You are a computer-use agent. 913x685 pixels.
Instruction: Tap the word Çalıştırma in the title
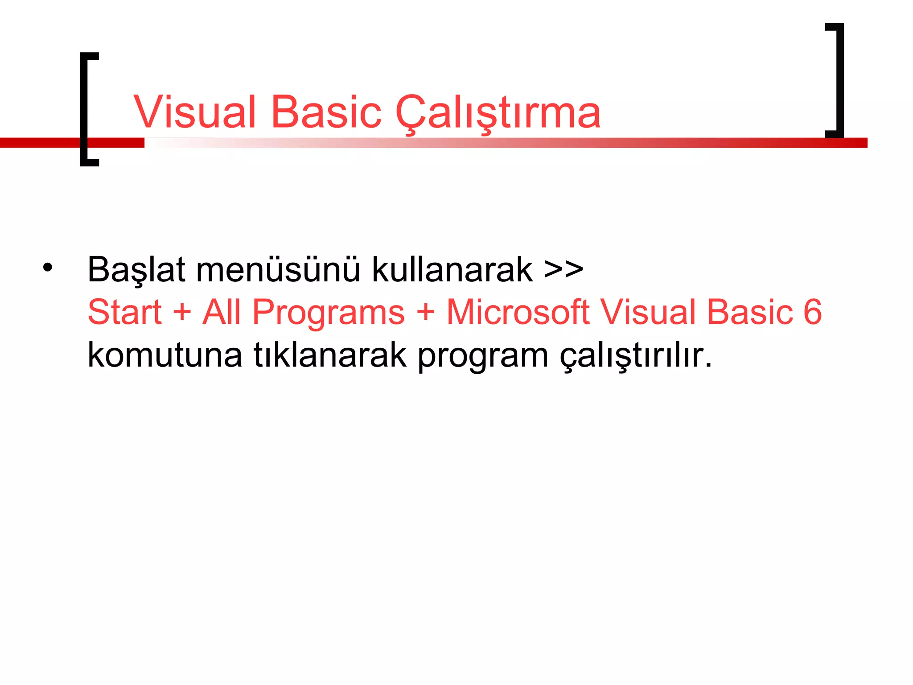[498, 113]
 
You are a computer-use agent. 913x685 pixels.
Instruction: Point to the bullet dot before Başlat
[48, 268]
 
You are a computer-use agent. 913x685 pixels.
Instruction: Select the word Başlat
[136, 270]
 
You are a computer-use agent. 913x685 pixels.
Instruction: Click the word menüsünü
[278, 270]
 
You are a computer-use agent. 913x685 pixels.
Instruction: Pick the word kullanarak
[452, 270]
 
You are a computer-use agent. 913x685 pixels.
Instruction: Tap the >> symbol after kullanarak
[563, 269]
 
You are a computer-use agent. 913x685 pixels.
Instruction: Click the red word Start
[124, 312]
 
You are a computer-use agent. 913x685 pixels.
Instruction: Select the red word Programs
[328, 313]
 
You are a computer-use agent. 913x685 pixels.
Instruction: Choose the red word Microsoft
[518, 312]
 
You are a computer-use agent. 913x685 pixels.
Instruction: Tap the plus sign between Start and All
[182, 312]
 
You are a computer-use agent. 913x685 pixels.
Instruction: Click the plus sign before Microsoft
[426, 312]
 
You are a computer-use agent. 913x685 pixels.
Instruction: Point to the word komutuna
[165, 355]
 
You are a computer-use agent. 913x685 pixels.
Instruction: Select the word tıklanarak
[330, 355]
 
